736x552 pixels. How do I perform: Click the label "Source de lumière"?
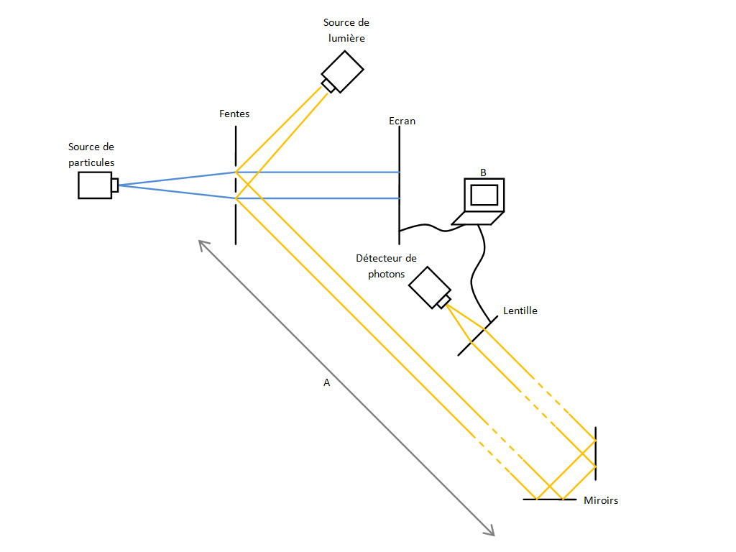[346, 30]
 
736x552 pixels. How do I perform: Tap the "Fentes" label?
[234, 114]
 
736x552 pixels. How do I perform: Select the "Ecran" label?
[402, 121]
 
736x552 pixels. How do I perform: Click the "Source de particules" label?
[91, 155]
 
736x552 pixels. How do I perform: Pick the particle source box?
[95, 185]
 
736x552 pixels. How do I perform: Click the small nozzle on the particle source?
[115, 185]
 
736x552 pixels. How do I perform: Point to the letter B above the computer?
[483, 172]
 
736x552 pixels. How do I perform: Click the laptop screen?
[484, 195]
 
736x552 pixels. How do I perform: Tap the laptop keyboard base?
[478, 218]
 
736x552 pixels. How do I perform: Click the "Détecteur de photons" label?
[386, 266]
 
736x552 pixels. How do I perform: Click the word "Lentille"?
[520, 310]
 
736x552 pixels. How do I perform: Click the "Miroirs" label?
[601, 500]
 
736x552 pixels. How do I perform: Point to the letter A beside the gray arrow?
[326, 383]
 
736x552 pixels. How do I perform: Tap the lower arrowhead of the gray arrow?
[492, 533]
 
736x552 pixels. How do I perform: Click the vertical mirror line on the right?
[596, 453]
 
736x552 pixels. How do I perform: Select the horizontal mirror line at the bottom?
[550, 499]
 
